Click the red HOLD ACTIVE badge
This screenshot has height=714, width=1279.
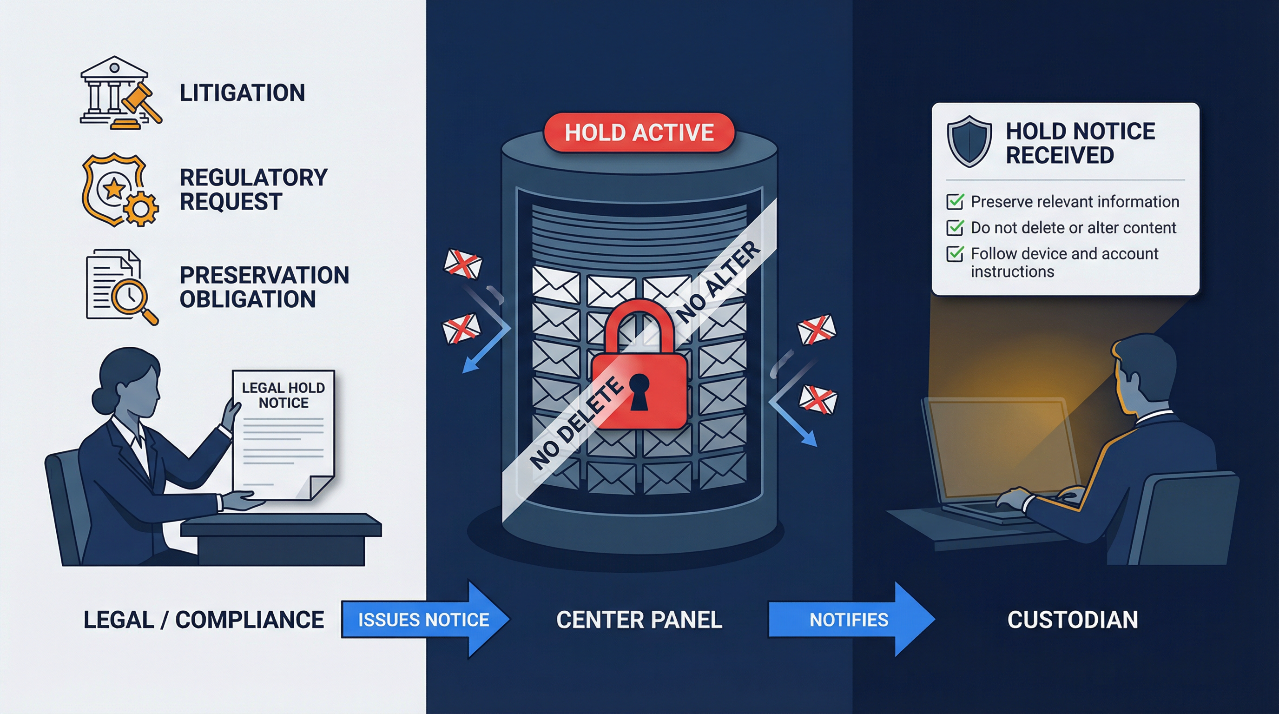tap(639, 132)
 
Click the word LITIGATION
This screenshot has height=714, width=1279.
tap(242, 93)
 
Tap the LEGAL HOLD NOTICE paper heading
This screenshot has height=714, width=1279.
tap(283, 395)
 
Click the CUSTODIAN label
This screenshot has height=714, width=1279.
tap(1073, 620)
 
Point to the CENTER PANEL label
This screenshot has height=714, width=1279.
tap(639, 620)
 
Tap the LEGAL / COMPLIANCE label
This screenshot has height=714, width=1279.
tap(204, 620)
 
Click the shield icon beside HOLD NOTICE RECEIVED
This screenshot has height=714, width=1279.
tap(969, 141)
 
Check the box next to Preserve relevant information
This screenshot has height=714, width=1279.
tap(955, 202)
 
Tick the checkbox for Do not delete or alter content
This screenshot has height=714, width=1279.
tap(955, 228)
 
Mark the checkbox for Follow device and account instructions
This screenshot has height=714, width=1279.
tap(955, 254)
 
